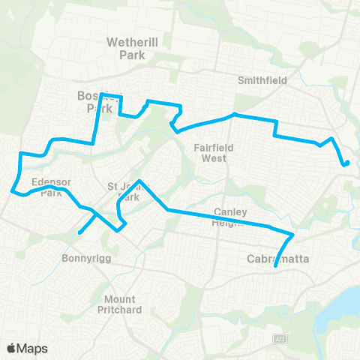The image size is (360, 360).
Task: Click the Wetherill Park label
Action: pos(130,48)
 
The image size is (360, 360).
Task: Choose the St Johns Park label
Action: pos(123,191)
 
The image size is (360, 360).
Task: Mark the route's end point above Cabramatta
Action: pos(277,265)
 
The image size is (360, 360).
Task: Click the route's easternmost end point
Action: pos(347,162)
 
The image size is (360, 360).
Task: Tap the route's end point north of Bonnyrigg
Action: pos(79,232)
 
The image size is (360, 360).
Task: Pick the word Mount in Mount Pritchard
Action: pos(120,298)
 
